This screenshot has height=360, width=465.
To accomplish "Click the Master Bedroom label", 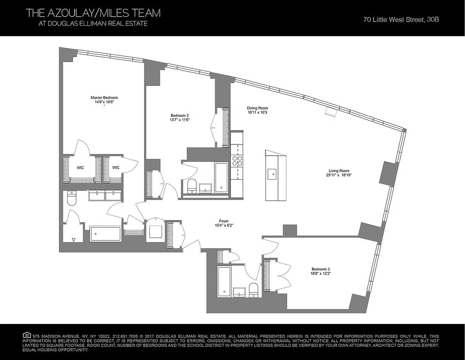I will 104,98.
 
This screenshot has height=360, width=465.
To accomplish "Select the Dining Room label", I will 257,108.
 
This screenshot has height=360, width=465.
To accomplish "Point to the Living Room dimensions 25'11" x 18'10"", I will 339,175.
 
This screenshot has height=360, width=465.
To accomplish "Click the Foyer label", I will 224,221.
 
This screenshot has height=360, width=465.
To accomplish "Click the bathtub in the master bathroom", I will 106,234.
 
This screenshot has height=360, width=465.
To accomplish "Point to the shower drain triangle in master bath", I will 74,240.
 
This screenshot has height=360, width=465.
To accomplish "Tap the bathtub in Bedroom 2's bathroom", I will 221,178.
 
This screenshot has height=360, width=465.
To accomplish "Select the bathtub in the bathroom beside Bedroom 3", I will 224,281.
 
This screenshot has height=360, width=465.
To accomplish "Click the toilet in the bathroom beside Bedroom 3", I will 253,290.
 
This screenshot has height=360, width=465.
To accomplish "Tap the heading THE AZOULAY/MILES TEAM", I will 93,13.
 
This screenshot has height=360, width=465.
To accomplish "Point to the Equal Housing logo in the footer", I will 27,335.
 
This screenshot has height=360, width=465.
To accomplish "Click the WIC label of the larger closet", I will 80,167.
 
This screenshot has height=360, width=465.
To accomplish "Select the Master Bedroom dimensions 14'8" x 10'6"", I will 104,102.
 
